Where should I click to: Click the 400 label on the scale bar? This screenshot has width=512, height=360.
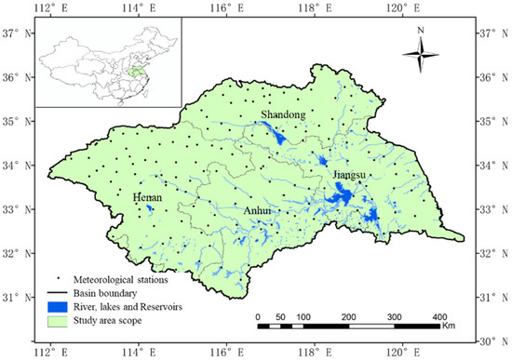437,316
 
